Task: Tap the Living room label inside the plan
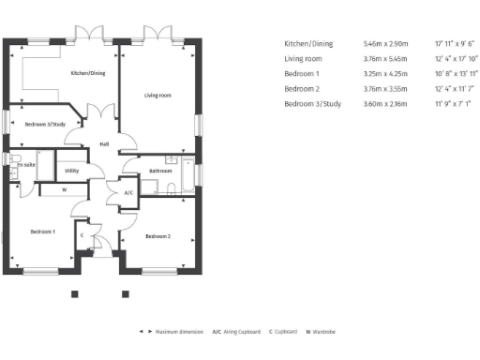[x=157, y=95]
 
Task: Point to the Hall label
[x=105, y=143]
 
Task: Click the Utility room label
[x=72, y=171]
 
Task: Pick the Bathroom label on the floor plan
[x=159, y=171]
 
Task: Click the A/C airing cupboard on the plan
[x=128, y=192]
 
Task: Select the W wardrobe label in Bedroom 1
[x=64, y=189]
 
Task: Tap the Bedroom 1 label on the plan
[x=42, y=231]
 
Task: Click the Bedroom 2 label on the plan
[x=157, y=236]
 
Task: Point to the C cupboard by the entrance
[x=82, y=235]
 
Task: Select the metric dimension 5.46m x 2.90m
[x=384, y=43]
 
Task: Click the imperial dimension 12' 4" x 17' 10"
[x=456, y=58]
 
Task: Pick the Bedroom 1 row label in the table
[x=302, y=73]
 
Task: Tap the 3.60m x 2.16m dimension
[x=384, y=103]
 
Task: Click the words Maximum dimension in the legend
[x=179, y=332]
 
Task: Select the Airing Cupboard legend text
[x=243, y=332]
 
